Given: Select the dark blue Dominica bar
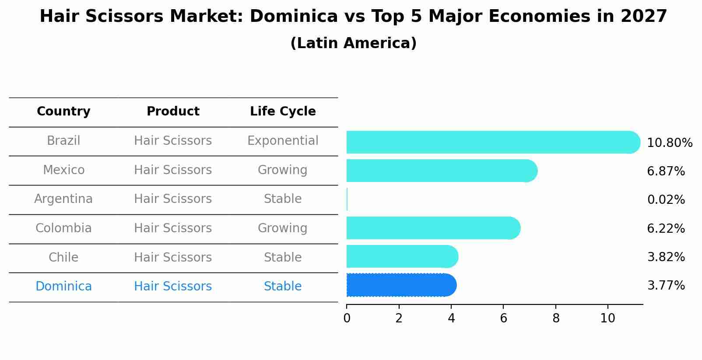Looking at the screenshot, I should click(x=401, y=285).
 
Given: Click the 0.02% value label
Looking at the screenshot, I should click(x=666, y=200).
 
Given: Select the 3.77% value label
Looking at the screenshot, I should click(x=666, y=286).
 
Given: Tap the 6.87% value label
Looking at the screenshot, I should click(x=666, y=171).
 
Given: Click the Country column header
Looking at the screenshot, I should click(x=63, y=112).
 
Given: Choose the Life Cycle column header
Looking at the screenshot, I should click(x=283, y=112).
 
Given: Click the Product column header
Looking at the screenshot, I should click(x=173, y=112).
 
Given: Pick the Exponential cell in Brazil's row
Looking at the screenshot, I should click(x=283, y=141).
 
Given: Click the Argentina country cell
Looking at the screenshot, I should click(x=63, y=199).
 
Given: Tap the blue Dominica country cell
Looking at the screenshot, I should click(x=63, y=287).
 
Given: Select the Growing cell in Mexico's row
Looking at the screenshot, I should click(x=283, y=170).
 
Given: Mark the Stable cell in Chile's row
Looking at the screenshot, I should click(x=283, y=258).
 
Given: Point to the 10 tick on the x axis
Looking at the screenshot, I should click(x=607, y=318).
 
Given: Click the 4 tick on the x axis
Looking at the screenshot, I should click(x=451, y=318).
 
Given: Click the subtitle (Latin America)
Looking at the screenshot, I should click(x=353, y=43).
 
